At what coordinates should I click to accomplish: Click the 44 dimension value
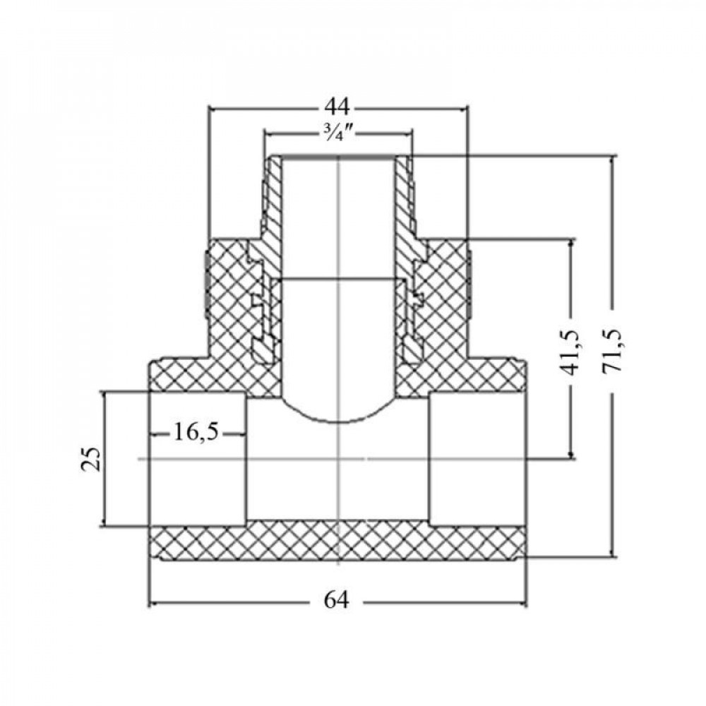point(337,107)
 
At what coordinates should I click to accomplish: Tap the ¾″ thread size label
point(337,133)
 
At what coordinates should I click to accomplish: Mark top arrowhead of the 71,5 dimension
point(612,160)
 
